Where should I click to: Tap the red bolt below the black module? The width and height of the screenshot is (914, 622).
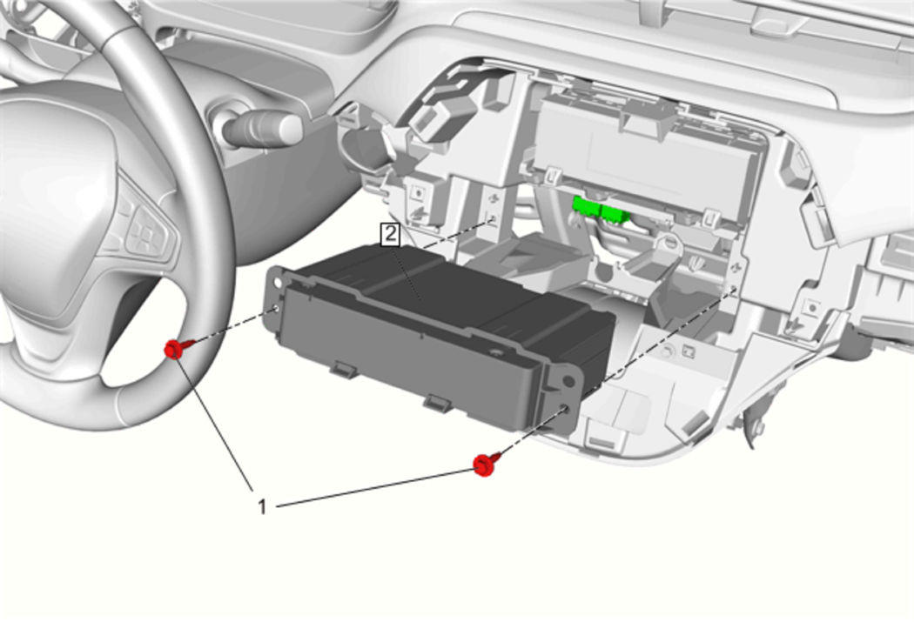[x=484, y=465]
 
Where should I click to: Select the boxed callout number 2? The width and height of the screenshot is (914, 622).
[x=390, y=235]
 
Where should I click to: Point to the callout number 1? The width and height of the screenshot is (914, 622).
[x=262, y=506]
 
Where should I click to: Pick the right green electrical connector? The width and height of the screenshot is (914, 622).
[x=614, y=213]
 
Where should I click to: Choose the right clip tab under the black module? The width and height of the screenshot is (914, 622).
[x=439, y=401]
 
